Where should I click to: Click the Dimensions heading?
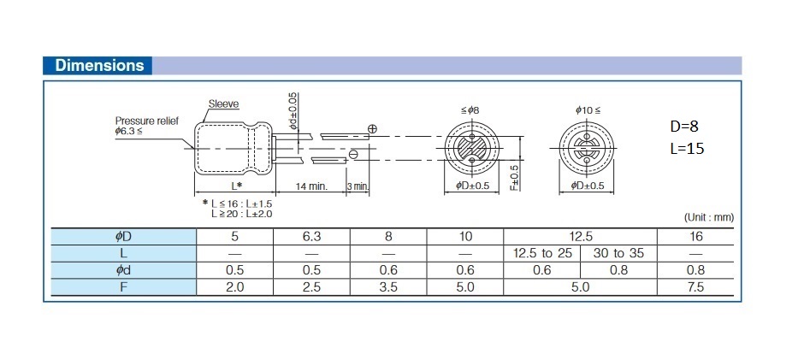coord(99,66)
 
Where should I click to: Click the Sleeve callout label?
coord(223,104)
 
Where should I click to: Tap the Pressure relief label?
coord(146,121)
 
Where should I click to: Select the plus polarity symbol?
coord(373,129)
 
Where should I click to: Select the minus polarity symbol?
coord(353,154)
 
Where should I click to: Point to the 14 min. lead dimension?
coord(311,186)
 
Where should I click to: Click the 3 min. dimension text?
coord(358,186)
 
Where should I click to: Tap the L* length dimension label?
coord(235,186)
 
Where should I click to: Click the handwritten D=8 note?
coord(684,127)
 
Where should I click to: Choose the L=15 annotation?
coord(687,149)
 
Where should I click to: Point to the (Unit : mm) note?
coord(709,217)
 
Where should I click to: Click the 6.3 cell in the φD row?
coord(311,237)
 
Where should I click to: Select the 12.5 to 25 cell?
coord(542,253)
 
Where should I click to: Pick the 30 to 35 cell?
coord(618,253)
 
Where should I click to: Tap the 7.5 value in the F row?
coord(696,287)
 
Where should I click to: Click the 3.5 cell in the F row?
coord(388,287)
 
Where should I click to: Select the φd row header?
coord(123,270)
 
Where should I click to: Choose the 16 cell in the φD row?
coord(696,237)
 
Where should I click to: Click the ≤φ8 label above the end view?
coord(471,110)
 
